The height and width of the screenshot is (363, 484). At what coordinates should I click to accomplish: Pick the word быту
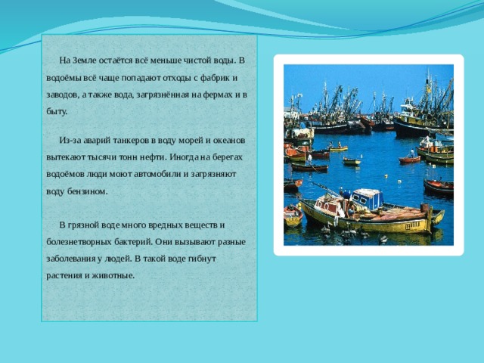(x=57, y=112)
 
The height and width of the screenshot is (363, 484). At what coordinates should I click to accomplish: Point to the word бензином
(x=88, y=191)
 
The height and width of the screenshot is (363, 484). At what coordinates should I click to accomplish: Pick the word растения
(x=64, y=275)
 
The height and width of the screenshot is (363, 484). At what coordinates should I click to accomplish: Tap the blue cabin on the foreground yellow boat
(x=368, y=199)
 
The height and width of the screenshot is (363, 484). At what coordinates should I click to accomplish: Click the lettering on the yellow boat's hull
(x=413, y=225)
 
